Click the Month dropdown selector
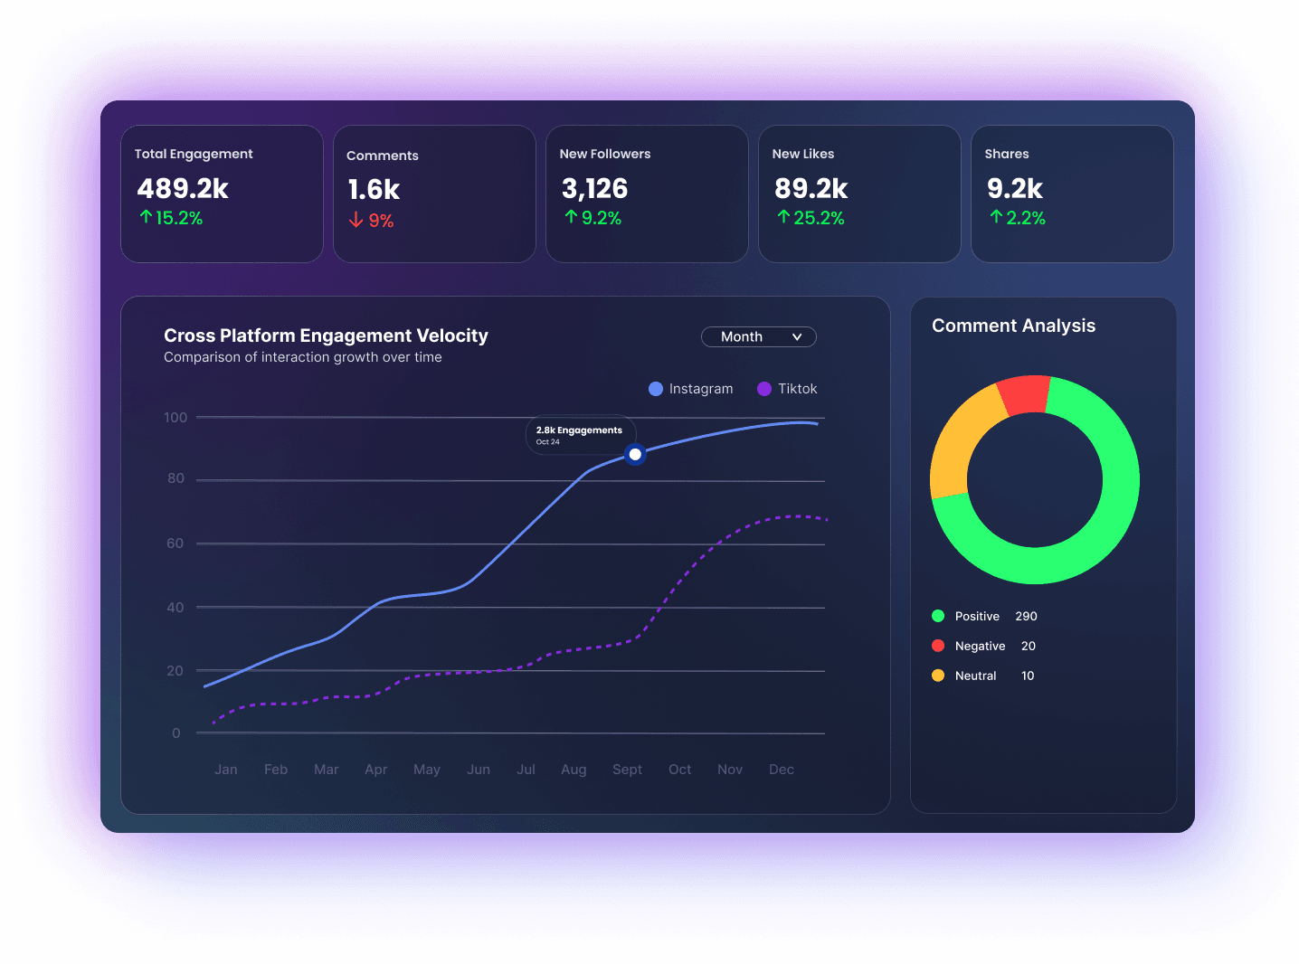pos(758,336)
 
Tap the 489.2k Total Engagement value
pos(183,189)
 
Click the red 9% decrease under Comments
pos(372,221)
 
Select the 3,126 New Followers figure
pos(594,189)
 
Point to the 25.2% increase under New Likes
pos(811,218)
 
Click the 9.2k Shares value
pos(1014,189)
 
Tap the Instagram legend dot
pos(656,389)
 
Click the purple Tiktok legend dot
pos(764,389)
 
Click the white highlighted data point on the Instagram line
pos(635,454)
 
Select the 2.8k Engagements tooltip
pos(580,435)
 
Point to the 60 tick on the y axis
pos(175,543)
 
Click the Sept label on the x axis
pos(627,770)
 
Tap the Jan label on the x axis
pos(226,770)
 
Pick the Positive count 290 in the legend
pos(1026,617)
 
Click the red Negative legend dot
pos(938,646)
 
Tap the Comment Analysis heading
pos(1013,326)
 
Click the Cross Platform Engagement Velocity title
pos(326,336)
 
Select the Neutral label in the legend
pos(975,676)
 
